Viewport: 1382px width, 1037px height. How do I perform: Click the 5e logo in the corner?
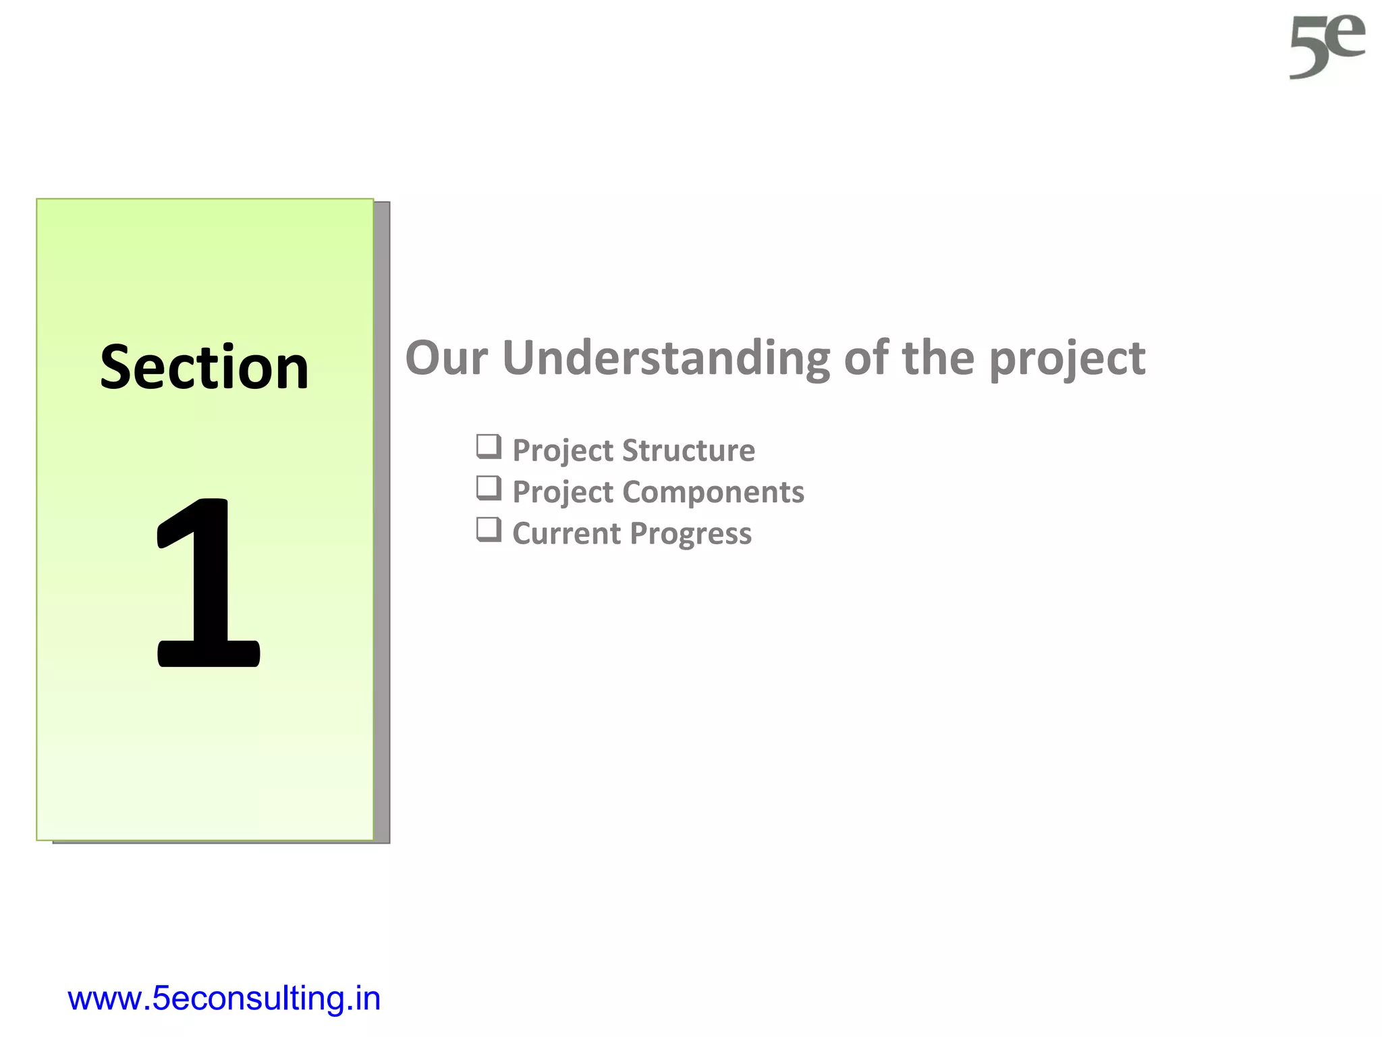(x=1327, y=47)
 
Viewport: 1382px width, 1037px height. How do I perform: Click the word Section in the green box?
(x=204, y=367)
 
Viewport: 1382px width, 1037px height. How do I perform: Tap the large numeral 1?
(x=208, y=583)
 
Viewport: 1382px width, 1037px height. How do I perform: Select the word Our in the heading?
(x=446, y=358)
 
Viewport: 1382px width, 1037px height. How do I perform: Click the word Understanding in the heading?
(x=666, y=358)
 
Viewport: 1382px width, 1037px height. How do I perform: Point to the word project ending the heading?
(x=1067, y=359)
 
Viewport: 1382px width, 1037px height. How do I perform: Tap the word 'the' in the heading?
(x=938, y=358)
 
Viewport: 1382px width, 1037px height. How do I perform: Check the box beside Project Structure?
(x=489, y=447)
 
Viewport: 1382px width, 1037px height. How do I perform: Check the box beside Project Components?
(x=489, y=488)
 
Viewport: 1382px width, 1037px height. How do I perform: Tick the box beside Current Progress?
(x=489, y=530)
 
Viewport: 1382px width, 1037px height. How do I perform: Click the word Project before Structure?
(x=563, y=451)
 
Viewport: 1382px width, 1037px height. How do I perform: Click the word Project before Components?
(x=563, y=492)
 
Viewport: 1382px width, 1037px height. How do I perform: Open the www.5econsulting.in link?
(x=224, y=999)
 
